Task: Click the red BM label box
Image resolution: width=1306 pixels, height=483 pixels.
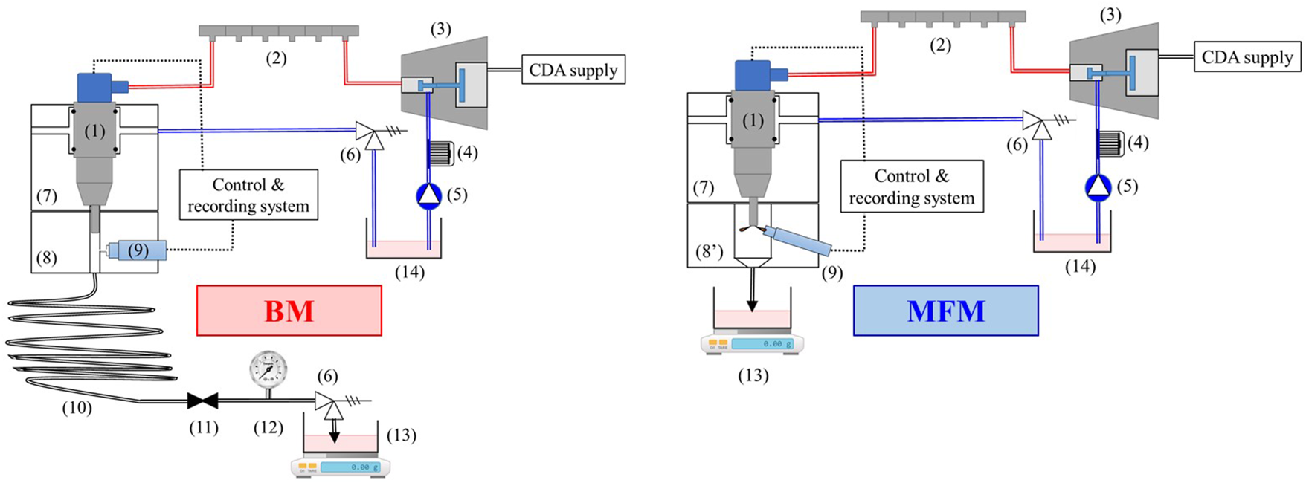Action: click(289, 311)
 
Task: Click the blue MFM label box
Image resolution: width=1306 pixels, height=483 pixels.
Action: click(945, 311)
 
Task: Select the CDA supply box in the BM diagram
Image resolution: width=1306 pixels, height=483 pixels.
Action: click(573, 70)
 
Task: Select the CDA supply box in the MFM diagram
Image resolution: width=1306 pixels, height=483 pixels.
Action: click(1247, 57)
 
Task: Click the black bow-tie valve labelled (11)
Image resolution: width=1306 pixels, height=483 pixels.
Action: click(202, 401)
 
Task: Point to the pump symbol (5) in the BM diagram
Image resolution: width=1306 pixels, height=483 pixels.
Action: click(428, 195)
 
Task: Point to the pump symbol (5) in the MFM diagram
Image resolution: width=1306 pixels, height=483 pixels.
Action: click(1098, 187)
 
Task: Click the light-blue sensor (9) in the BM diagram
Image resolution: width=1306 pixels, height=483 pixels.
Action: click(137, 250)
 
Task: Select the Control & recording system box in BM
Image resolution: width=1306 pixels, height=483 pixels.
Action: click(248, 195)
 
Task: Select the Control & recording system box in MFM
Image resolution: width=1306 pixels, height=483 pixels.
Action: click(911, 187)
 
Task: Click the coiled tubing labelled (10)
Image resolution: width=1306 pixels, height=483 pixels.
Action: click(86, 346)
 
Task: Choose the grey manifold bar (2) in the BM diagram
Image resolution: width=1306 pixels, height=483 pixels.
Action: click(278, 31)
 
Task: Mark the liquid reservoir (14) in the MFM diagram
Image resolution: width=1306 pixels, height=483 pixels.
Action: click(1072, 241)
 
